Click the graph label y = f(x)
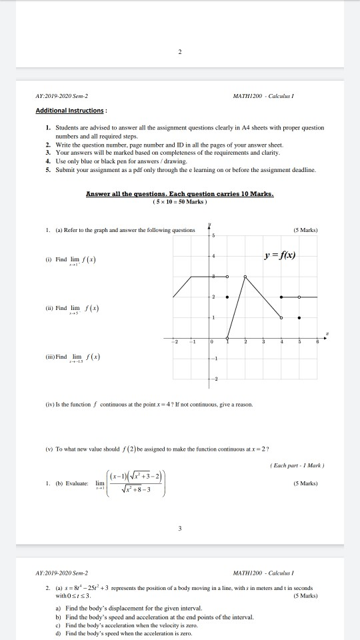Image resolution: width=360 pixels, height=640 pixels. [280, 256]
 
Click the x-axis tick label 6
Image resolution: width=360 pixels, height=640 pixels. [317, 341]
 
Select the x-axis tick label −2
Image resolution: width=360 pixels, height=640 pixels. [177, 341]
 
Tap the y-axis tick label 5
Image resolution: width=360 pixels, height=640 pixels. [215, 237]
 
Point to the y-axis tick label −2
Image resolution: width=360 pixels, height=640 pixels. [215, 378]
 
